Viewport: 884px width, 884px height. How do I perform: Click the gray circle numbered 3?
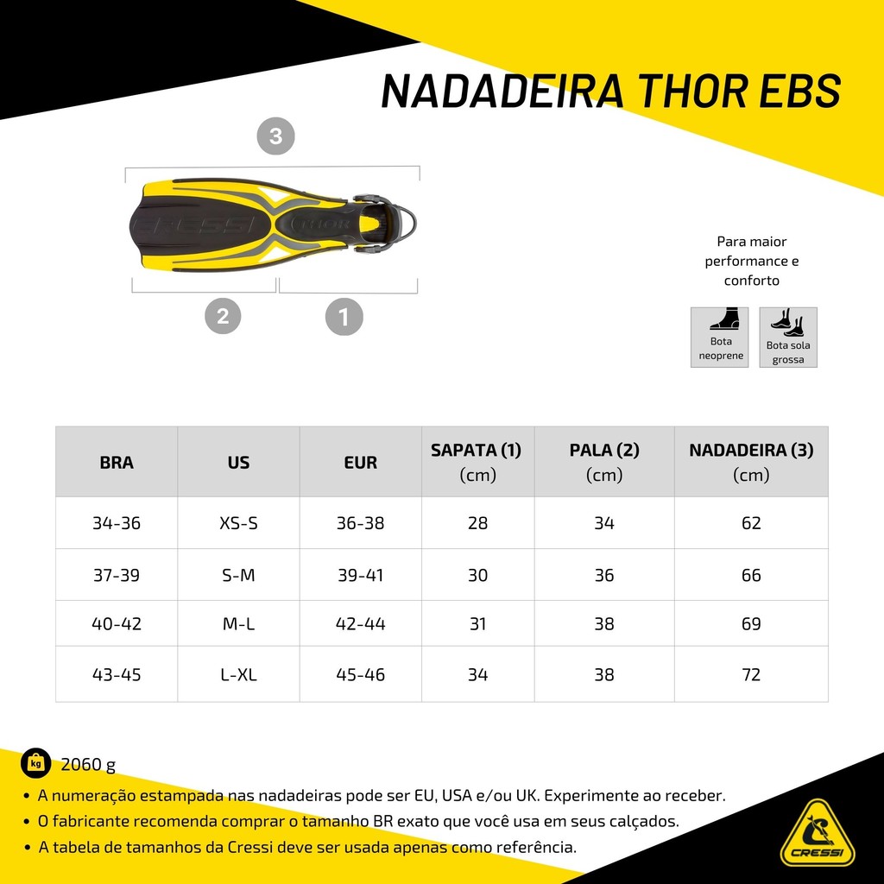click(275, 136)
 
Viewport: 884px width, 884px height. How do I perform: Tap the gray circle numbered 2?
click(223, 316)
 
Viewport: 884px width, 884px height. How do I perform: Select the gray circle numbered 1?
click(344, 317)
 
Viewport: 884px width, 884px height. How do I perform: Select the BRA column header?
click(117, 463)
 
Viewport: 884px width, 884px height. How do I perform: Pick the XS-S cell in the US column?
click(238, 523)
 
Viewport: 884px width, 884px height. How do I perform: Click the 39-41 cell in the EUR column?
click(360, 575)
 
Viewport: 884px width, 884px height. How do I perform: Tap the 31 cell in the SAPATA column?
click(477, 624)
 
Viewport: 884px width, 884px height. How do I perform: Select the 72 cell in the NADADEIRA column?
click(751, 674)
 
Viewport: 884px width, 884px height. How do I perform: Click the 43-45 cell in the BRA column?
click(117, 674)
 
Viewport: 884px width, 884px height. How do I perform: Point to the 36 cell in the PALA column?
click(603, 575)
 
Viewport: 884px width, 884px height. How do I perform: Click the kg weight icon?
click(36, 764)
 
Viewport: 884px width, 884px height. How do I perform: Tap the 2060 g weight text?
click(88, 765)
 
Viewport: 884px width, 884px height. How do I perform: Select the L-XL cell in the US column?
click(238, 674)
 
